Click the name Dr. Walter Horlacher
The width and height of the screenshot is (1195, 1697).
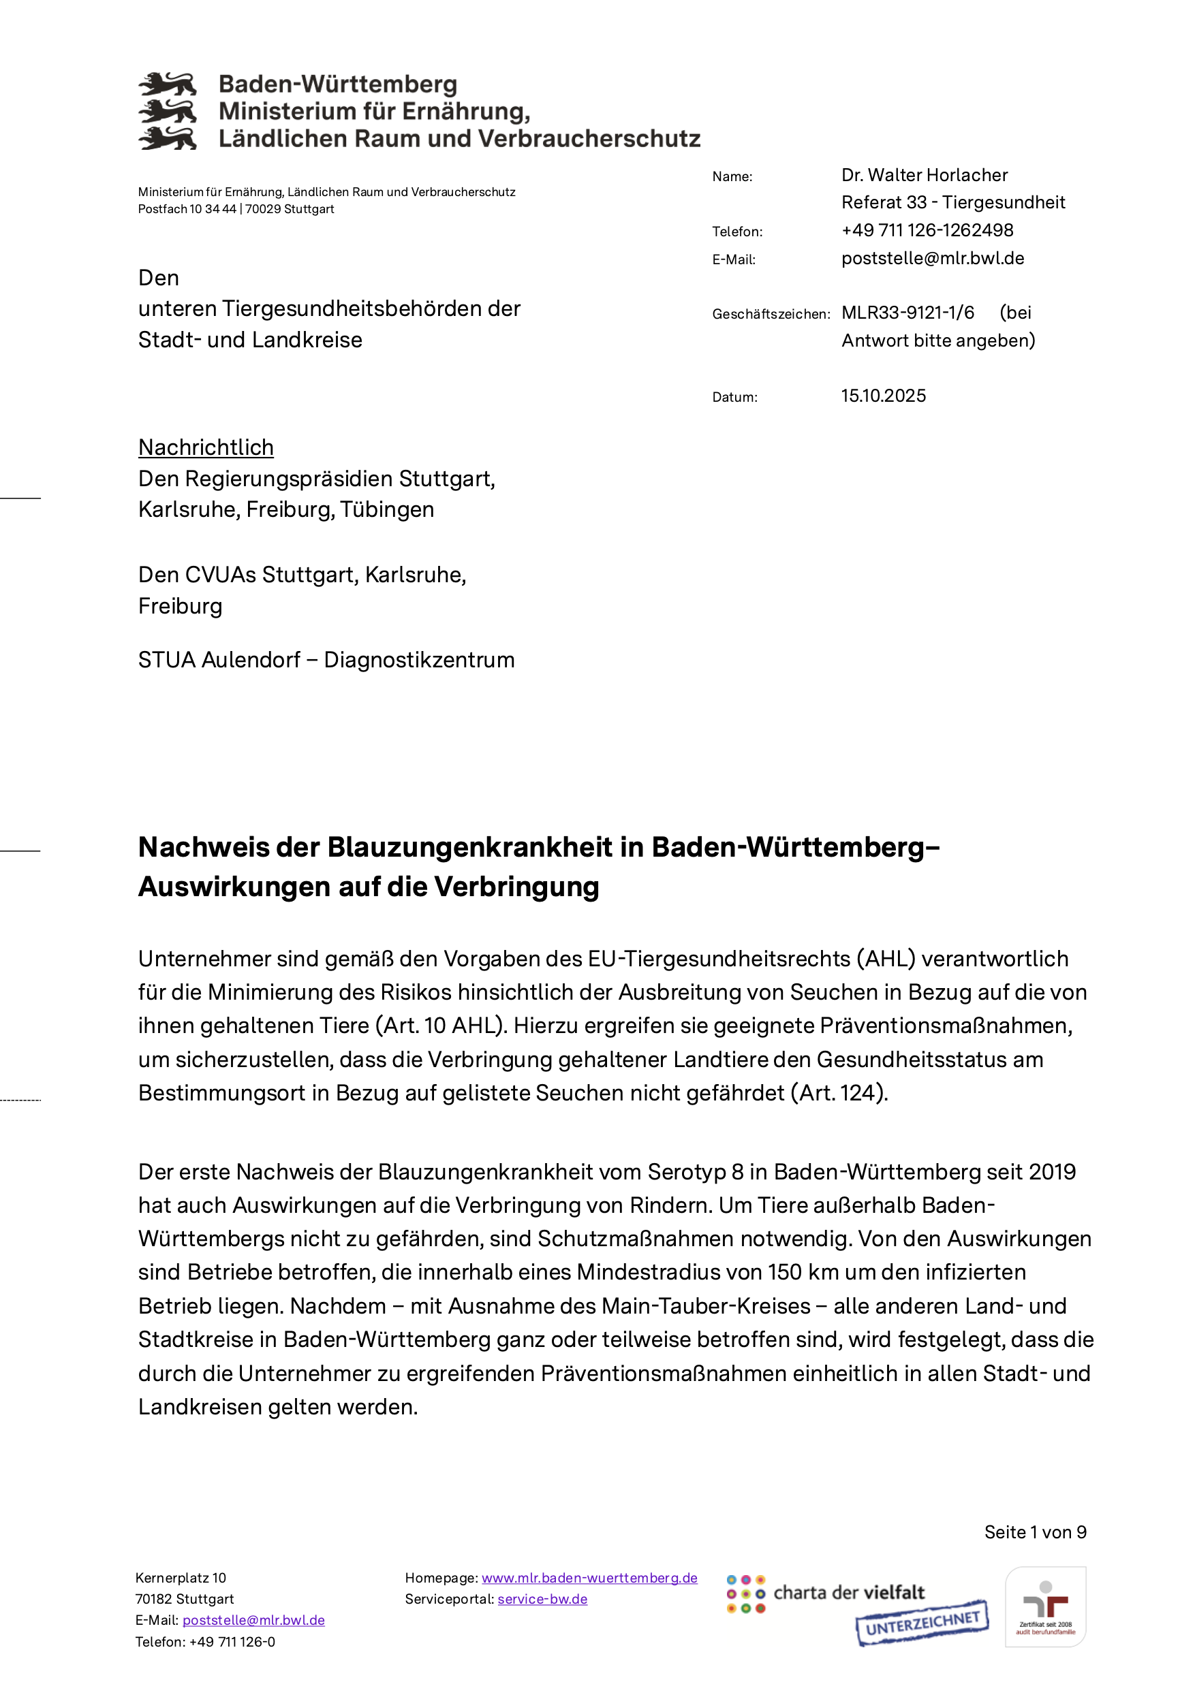point(924,175)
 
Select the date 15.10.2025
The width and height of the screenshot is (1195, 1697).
point(883,396)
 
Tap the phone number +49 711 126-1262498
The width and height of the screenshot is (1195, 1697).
point(927,231)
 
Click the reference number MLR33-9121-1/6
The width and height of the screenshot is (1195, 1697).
point(907,313)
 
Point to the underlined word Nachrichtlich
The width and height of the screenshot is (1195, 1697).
point(206,448)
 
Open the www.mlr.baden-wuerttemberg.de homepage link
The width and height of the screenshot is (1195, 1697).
point(589,1578)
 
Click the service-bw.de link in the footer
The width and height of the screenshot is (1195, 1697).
point(542,1600)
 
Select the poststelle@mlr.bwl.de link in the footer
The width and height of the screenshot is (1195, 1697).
point(253,1621)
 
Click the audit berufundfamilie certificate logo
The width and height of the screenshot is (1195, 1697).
point(1045,1607)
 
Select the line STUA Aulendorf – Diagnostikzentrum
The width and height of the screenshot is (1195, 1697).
point(326,660)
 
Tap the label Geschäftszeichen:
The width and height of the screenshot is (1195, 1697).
point(771,314)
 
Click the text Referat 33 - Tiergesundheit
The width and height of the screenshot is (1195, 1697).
point(952,202)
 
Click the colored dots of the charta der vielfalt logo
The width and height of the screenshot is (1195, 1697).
point(745,1595)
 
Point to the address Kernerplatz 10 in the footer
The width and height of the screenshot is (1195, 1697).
point(181,1578)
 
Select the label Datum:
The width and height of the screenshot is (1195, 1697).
point(734,398)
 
